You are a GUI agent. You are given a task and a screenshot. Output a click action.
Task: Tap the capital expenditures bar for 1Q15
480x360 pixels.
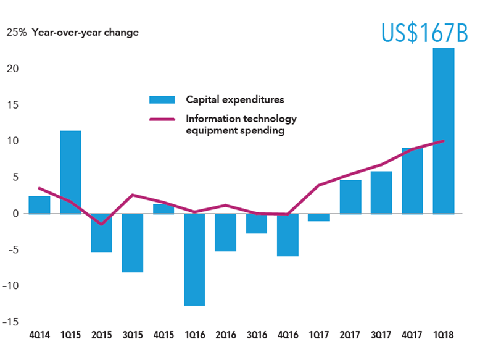(70, 172)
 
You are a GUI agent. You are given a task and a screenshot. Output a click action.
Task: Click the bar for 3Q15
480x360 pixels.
(133, 243)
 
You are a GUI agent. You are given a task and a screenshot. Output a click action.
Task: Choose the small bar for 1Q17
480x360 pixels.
(319, 217)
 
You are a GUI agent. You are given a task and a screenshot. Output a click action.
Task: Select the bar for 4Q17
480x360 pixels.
(413, 181)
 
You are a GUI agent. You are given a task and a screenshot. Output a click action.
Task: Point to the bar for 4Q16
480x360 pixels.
(288, 235)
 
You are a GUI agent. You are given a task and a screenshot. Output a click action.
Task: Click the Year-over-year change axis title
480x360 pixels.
(85, 33)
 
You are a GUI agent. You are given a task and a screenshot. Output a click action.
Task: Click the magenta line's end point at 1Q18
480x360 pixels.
(444, 141)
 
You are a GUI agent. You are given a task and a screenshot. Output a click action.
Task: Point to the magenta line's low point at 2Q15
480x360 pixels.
(101, 224)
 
